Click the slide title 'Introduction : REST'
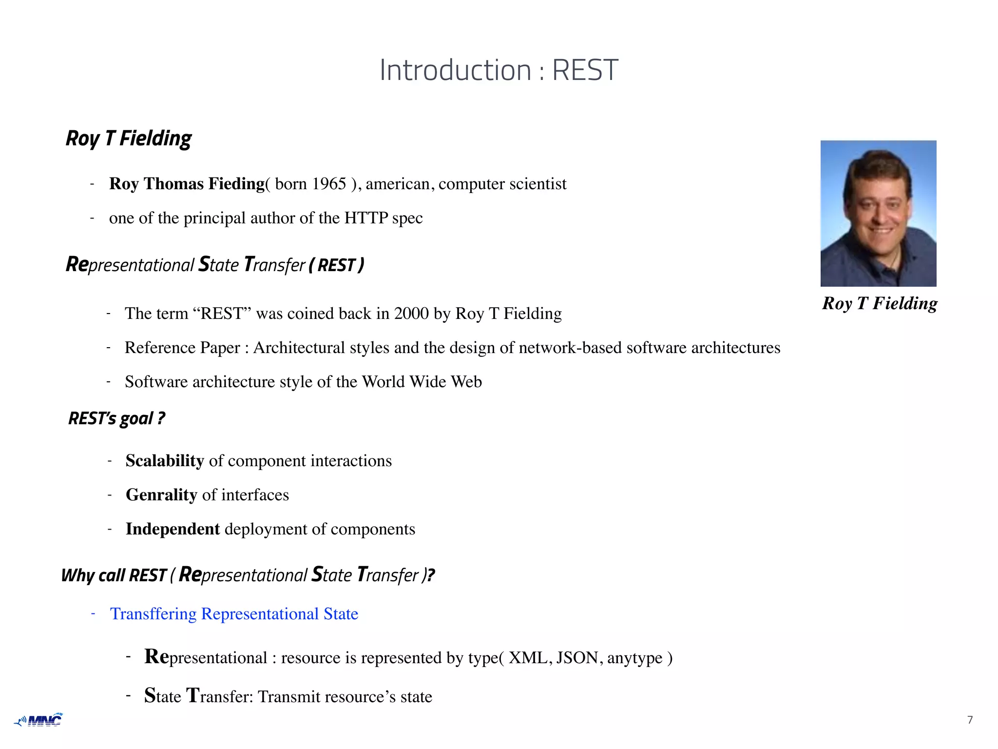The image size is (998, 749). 499,70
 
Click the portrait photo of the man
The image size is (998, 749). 878,213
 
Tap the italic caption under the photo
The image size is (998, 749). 880,303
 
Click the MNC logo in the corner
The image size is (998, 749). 39,720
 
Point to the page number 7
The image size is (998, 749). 970,720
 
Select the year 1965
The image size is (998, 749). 329,184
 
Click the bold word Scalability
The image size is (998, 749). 165,461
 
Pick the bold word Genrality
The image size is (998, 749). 161,495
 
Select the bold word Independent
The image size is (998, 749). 173,529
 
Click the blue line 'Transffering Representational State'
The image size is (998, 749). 234,614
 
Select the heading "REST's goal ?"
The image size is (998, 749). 116,418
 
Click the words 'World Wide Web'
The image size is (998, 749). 422,382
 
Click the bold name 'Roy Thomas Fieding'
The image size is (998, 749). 187,184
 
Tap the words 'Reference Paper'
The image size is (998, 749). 182,348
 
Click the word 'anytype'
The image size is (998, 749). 634,658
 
